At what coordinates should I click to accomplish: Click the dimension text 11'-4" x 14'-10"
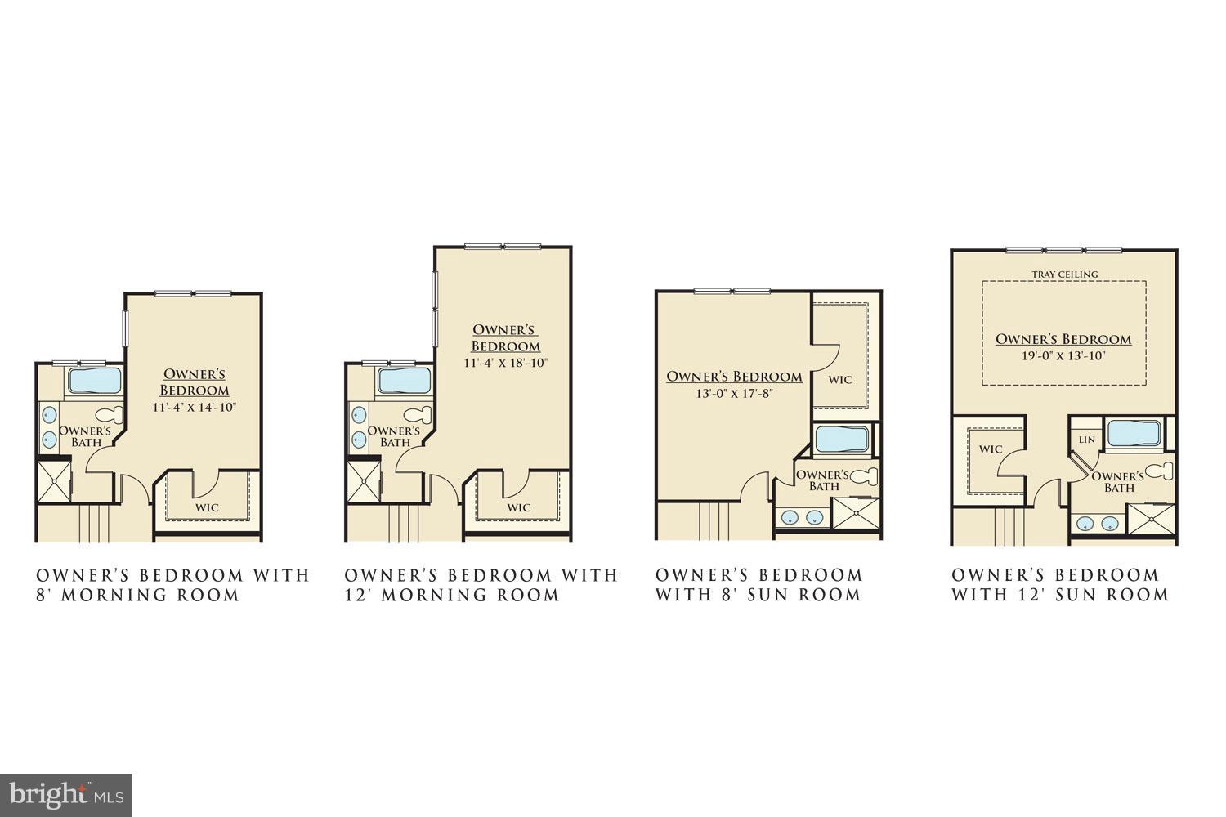point(194,407)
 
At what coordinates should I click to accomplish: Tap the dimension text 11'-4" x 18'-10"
point(505,363)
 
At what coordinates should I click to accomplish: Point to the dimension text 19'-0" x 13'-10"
point(1063,355)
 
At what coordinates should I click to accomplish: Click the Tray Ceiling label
point(1064,275)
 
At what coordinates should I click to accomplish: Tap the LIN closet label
point(1086,440)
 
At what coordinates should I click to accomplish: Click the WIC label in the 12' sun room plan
point(991,449)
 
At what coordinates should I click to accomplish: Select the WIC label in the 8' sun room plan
point(840,380)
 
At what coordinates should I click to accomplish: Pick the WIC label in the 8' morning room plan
point(207,507)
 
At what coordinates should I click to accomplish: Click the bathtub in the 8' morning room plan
point(93,381)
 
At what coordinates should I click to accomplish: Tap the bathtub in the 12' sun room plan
point(1134,434)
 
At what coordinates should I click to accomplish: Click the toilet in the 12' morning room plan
point(420,415)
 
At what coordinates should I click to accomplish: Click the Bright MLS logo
point(66,794)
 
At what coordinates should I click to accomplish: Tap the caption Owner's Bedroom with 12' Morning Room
point(481,585)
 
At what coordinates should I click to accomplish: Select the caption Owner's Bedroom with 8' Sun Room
point(758,585)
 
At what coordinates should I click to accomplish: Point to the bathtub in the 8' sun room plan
point(842,440)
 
